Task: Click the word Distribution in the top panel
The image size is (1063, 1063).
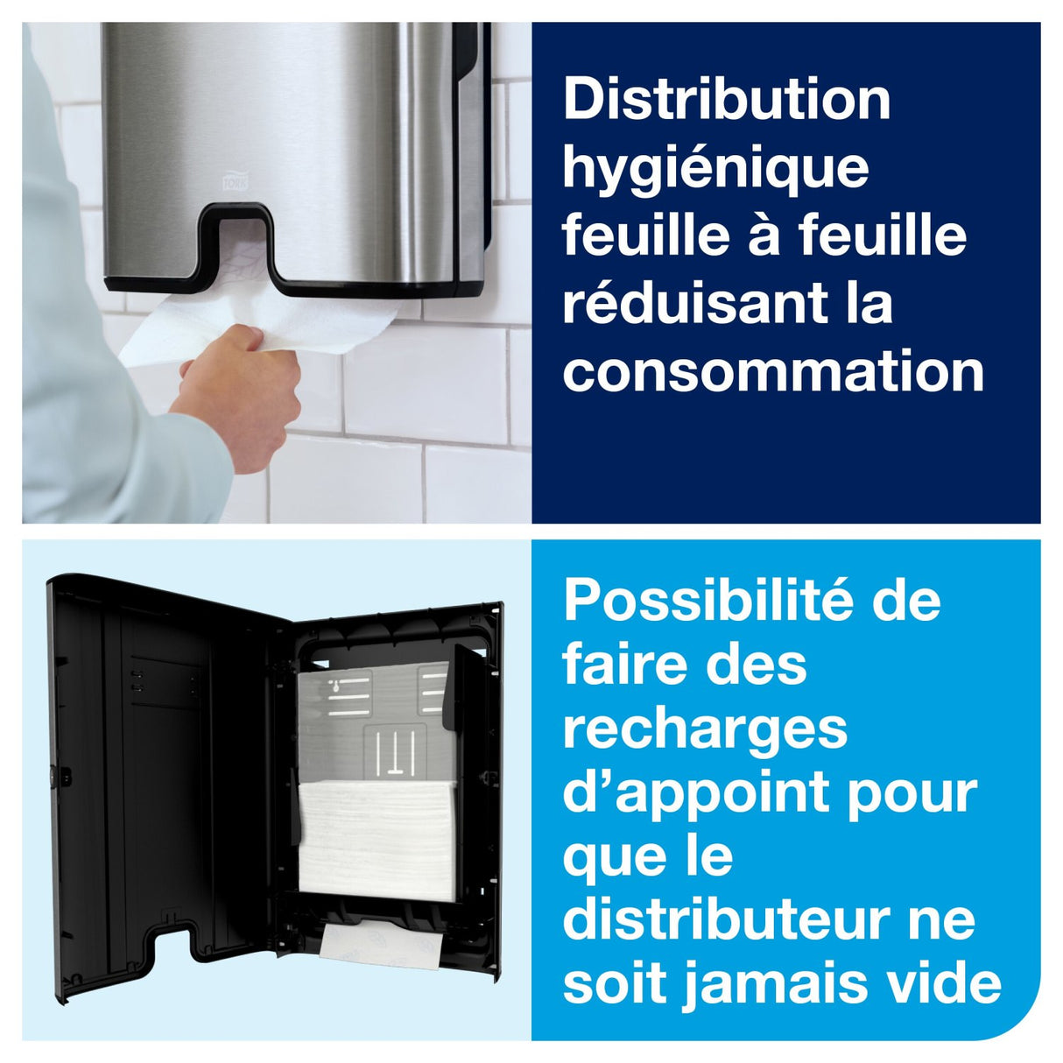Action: (726, 100)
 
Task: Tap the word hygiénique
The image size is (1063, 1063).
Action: (715, 168)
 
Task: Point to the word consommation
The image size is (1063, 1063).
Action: (773, 371)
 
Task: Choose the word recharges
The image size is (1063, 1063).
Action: (705, 729)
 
